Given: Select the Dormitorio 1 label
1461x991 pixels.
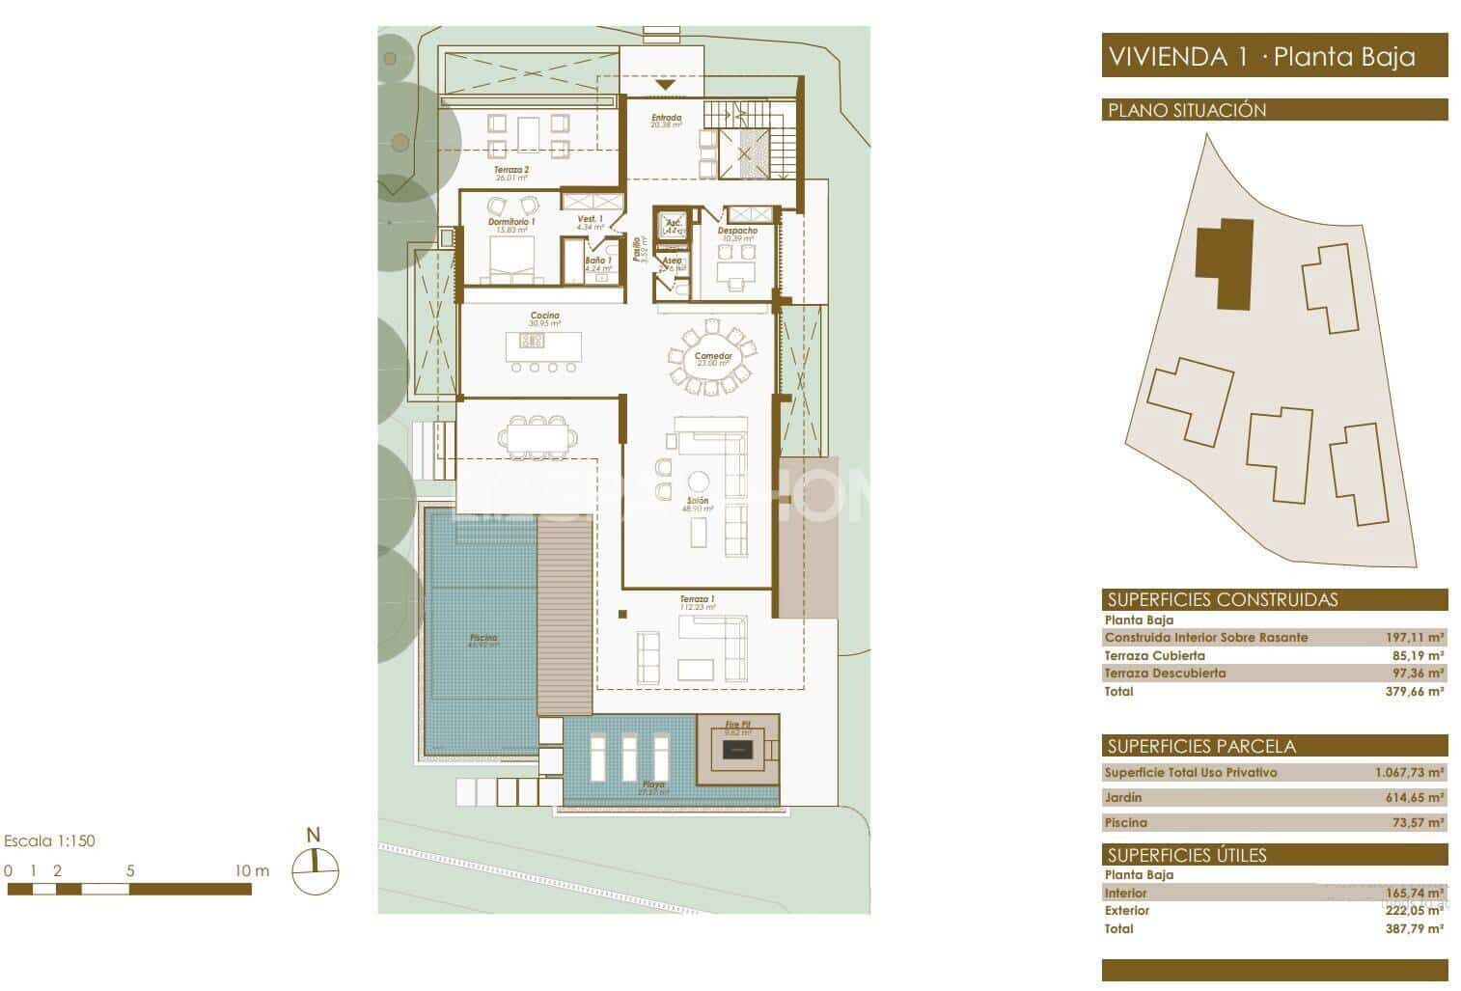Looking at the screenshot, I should [x=511, y=222].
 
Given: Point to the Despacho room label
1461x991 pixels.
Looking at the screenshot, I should [x=737, y=232].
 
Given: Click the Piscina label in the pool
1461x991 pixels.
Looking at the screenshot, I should [x=483, y=639].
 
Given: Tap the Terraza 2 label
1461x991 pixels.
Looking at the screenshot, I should [x=511, y=170].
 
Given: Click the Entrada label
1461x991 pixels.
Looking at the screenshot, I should [x=666, y=119].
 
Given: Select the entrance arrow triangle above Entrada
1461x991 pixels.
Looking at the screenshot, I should [x=666, y=86].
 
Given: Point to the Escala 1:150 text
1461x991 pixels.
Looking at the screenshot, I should [x=50, y=840].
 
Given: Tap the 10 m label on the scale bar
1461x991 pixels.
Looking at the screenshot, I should [x=252, y=870].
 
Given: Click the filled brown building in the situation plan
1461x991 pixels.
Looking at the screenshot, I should [x=1224, y=262].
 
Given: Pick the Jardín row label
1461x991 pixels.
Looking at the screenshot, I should [x=1123, y=797].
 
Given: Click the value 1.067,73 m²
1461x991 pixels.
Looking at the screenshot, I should [x=1409, y=773].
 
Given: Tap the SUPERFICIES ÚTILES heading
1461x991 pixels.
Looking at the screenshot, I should [x=1187, y=855].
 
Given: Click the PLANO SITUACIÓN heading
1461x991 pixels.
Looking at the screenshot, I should [x=1187, y=110].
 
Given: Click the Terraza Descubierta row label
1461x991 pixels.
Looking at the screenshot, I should [x=1165, y=673].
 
